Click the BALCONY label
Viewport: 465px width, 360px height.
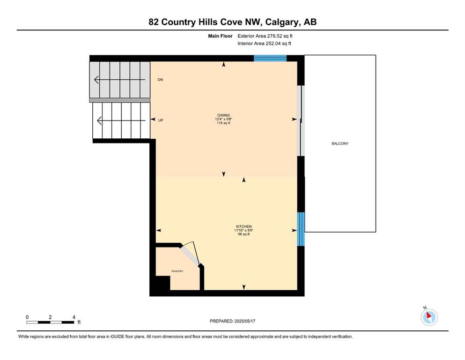click(x=340, y=143)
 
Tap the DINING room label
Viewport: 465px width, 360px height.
click(x=223, y=115)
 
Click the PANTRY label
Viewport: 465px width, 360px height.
click(x=177, y=271)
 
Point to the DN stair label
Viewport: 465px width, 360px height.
click(x=160, y=80)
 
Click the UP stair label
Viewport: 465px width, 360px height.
click(x=161, y=120)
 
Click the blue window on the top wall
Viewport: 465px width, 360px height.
click(x=270, y=58)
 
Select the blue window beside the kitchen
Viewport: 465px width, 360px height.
click(x=301, y=229)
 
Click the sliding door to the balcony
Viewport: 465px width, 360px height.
click(x=302, y=120)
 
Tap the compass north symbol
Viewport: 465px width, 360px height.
click(x=429, y=317)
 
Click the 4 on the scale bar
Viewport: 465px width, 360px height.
click(x=74, y=317)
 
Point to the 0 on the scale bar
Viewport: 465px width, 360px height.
click(x=27, y=317)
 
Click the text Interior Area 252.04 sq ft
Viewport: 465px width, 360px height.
click(x=265, y=44)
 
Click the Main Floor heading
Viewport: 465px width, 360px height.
click(x=220, y=36)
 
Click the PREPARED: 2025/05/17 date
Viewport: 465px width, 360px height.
click(x=232, y=321)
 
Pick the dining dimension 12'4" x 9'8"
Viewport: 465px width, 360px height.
click(x=223, y=119)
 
